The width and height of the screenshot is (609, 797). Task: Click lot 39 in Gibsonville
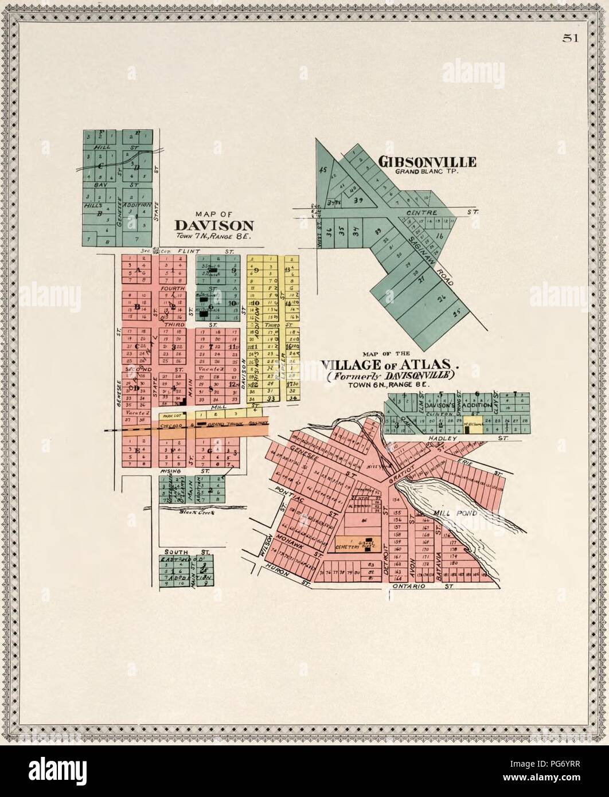[360, 200]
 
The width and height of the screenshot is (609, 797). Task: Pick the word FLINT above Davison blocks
[187, 251]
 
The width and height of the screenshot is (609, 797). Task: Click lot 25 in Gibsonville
[457, 314]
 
